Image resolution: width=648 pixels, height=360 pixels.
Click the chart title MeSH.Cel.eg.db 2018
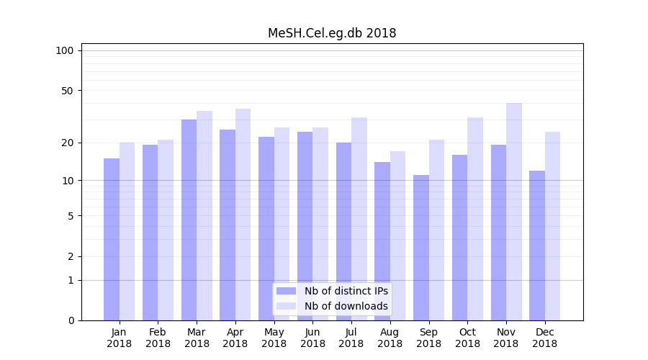coord(332,33)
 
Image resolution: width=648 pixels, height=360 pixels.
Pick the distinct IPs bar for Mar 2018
coord(189,220)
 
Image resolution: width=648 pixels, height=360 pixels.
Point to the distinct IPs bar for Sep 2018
coord(421,248)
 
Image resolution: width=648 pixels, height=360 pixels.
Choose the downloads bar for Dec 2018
coord(553,226)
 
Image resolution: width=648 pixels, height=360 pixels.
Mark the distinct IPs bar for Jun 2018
coord(305,226)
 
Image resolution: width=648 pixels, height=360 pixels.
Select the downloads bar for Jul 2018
coord(359,219)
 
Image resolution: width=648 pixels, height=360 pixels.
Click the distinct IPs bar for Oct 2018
coord(460,238)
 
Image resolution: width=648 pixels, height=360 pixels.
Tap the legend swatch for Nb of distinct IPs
coord(287,291)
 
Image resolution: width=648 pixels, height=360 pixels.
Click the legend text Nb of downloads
coord(346,306)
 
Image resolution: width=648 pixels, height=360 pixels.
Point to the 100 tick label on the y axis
coord(65,50)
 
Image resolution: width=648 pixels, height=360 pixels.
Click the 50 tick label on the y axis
coord(68,91)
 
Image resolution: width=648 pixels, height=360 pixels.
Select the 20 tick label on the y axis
coord(68,143)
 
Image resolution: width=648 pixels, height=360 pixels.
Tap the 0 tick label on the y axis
coord(71,320)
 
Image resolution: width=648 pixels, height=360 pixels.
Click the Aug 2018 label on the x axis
coord(390,338)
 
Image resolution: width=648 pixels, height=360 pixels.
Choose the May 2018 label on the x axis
coord(274,338)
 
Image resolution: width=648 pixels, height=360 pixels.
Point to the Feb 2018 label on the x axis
coord(158,338)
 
